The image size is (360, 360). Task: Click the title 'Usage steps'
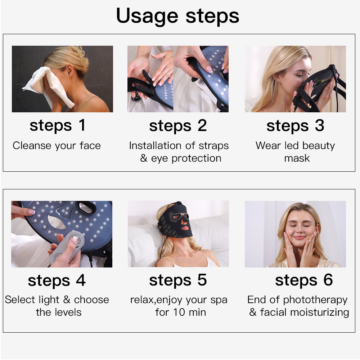(x=177, y=16)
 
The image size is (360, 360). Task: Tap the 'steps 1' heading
(x=58, y=126)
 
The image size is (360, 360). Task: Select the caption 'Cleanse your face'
(x=57, y=146)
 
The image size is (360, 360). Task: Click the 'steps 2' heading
(x=178, y=126)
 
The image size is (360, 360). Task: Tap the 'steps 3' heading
(x=295, y=126)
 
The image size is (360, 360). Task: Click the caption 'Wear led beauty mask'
(x=295, y=152)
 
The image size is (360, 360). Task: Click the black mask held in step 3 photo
(x=320, y=90)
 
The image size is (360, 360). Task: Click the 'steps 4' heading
(x=57, y=281)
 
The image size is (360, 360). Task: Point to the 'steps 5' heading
(x=178, y=280)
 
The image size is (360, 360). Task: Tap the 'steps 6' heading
(x=304, y=280)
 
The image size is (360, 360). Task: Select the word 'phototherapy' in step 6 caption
(x=315, y=300)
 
